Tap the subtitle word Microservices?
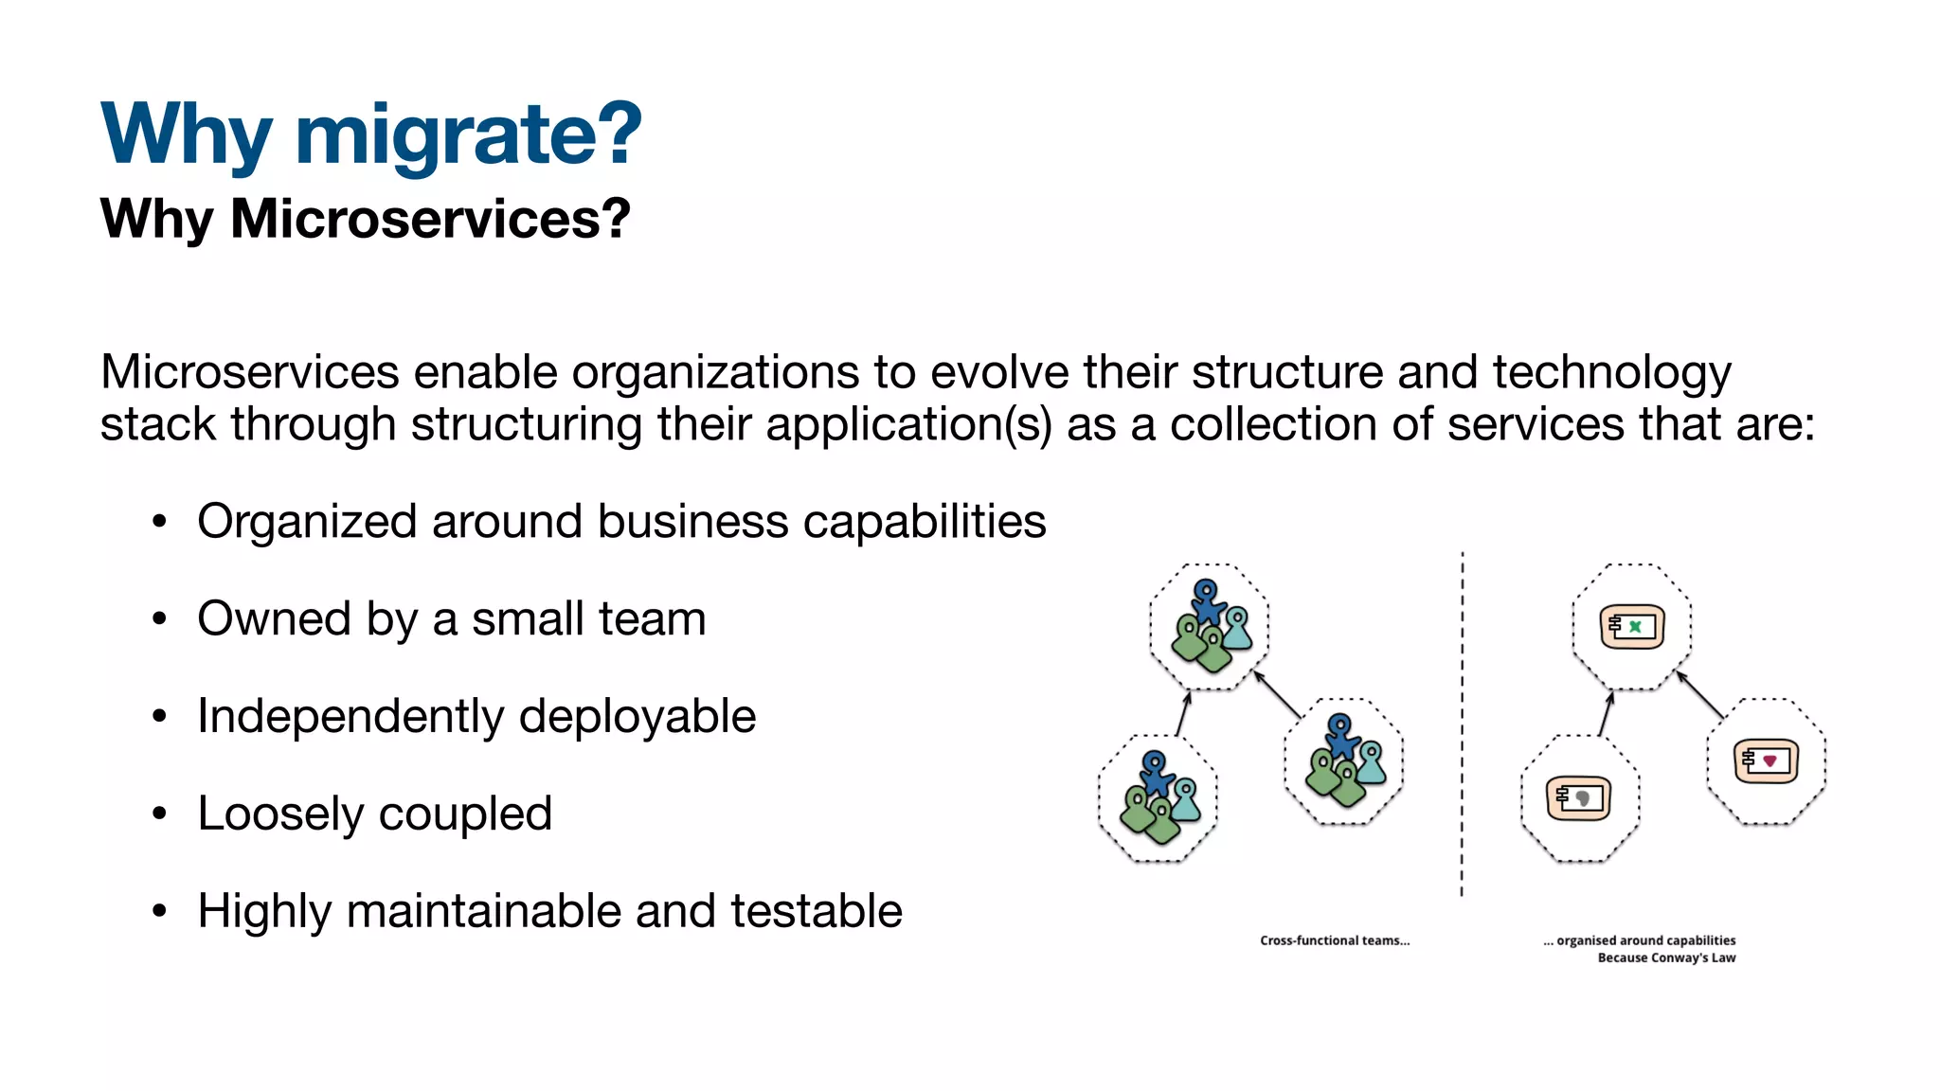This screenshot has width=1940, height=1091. tap(430, 219)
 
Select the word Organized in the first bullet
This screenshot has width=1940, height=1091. tap(307, 522)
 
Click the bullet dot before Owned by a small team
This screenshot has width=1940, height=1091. tap(159, 619)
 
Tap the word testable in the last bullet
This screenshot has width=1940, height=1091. tap(816, 911)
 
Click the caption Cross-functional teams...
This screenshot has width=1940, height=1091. tap(1334, 940)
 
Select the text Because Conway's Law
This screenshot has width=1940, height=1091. tap(1666, 958)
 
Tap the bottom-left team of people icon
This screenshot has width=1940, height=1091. tap(1158, 798)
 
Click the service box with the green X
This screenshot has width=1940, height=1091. tap(1632, 626)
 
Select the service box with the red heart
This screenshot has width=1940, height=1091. tap(1767, 760)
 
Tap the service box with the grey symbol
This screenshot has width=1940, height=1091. tap(1578, 798)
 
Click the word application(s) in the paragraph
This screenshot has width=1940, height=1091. tap(908, 423)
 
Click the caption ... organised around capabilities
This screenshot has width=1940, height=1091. tap(1639, 940)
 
